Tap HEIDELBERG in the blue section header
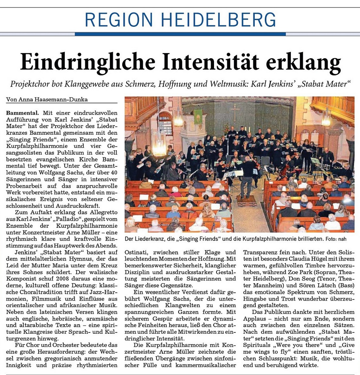(220, 20)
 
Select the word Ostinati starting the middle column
(136, 253)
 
